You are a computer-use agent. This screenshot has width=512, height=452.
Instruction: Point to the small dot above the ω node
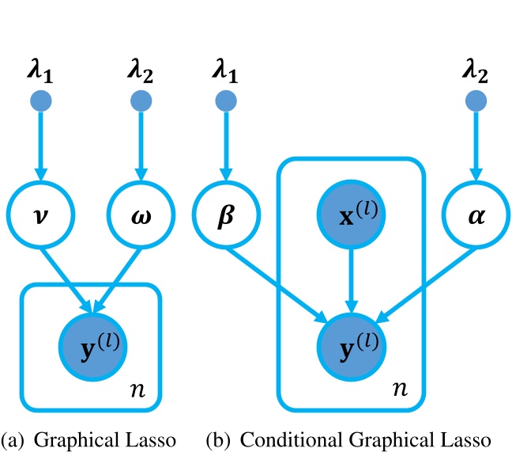coord(141,101)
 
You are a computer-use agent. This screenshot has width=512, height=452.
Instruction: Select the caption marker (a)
coord(13,437)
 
